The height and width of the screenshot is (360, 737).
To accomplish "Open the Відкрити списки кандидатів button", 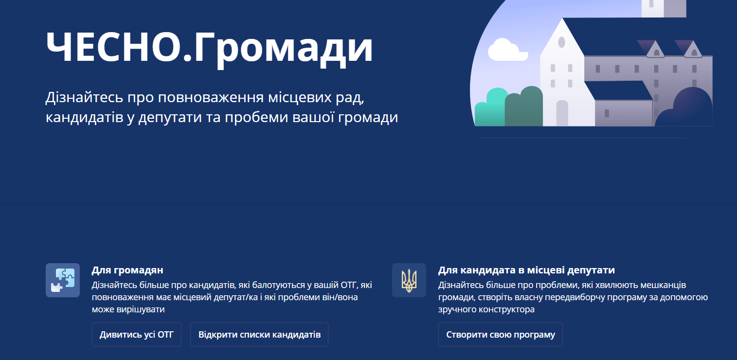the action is click(259, 334).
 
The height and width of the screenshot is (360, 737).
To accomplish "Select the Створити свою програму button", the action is click(501, 334).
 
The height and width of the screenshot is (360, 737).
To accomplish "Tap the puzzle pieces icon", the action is click(63, 280).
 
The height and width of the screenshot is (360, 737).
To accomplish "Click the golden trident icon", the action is click(409, 280).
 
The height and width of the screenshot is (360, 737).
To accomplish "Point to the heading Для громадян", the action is click(127, 270).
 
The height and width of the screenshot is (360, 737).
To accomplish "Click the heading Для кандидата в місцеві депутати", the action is click(526, 270).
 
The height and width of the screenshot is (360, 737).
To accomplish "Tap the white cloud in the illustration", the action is click(507, 50).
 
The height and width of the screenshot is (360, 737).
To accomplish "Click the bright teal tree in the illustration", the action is click(491, 107).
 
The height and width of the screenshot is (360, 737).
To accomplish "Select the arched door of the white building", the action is click(562, 112).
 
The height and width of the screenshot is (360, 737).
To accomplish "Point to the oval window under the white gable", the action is click(562, 42).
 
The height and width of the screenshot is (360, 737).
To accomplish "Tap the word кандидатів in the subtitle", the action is click(85, 117).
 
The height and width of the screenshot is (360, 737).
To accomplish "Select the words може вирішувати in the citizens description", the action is click(128, 309).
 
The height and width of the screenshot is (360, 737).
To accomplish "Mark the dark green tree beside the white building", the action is click(524, 106).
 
